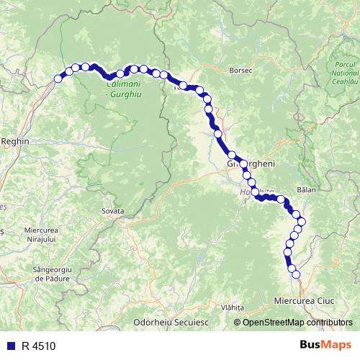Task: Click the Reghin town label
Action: [x=16, y=142]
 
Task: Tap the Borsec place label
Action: [x=238, y=71]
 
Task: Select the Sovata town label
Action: [x=113, y=211]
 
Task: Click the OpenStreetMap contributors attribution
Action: [x=297, y=322]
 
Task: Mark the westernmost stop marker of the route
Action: [x=59, y=79]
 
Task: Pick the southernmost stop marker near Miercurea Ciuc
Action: [x=294, y=274]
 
